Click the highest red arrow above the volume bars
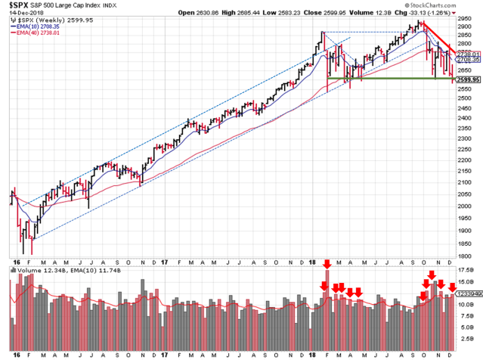(x=327, y=264)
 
